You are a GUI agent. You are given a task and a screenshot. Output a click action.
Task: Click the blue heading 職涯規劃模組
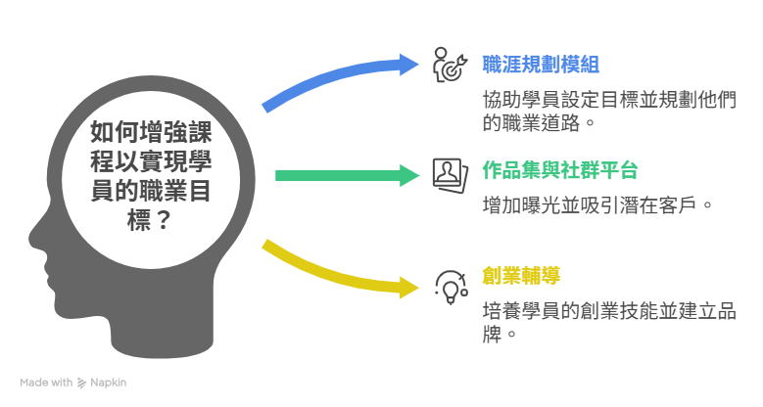(x=541, y=65)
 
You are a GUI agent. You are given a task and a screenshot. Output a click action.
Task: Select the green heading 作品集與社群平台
(x=560, y=170)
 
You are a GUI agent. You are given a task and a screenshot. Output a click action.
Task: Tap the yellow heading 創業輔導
(x=521, y=276)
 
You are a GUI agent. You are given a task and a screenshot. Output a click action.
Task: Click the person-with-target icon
(x=451, y=65)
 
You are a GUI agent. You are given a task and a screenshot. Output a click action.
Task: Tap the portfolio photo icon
(x=451, y=175)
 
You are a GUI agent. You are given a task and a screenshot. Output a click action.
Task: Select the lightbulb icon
(x=452, y=288)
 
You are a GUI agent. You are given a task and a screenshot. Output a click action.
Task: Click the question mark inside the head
(x=164, y=220)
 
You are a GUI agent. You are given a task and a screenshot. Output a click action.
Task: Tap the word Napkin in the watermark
(x=109, y=383)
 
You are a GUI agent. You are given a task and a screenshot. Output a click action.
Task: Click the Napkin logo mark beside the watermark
(x=81, y=384)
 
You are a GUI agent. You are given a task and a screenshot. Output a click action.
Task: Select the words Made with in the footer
(x=46, y=383)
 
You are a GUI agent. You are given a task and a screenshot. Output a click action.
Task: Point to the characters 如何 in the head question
(x=115, y=132)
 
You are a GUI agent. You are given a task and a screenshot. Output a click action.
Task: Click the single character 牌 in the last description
(x=492, y=335)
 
